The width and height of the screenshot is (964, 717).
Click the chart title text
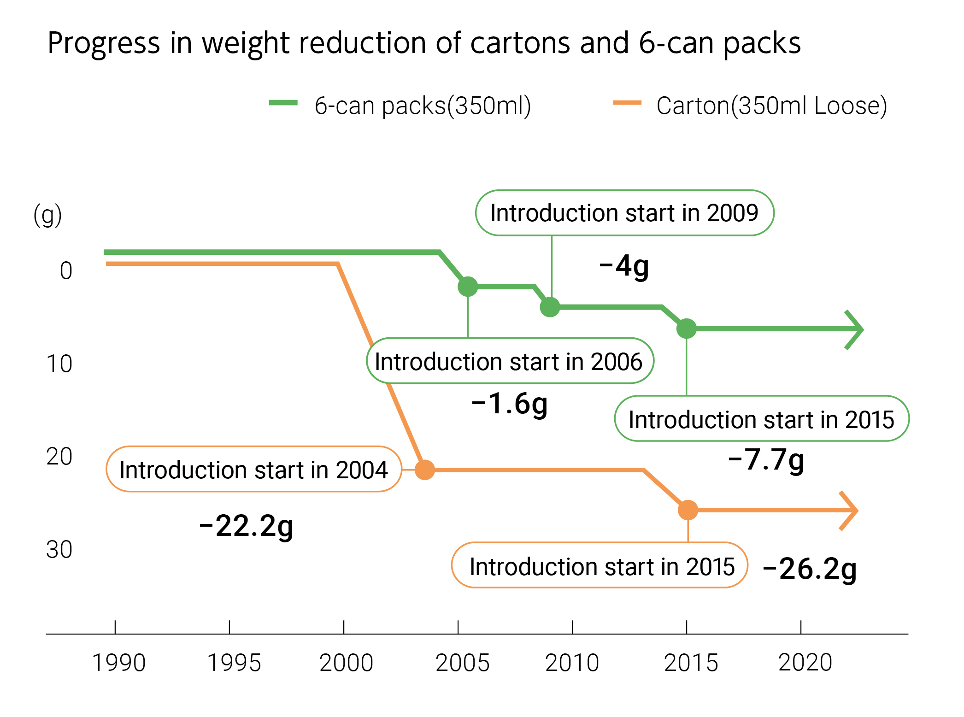pos(424,43)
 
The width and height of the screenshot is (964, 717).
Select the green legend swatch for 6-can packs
pos(283,103)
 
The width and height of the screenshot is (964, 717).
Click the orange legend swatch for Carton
pos(627,103)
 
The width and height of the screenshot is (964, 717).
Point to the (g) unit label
pos(47,215)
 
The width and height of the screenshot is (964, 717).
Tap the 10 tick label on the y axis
pos(59,364)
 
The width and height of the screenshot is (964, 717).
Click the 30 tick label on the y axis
pos(59,550)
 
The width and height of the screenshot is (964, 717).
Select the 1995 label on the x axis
pos(234,663)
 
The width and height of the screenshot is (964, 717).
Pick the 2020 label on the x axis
pos(805,663)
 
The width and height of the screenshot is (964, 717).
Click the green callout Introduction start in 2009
pos(624,213)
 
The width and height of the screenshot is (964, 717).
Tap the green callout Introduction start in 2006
pos(509,361)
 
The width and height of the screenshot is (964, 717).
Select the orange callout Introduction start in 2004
pos(253,470)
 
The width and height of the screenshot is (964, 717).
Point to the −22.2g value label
pos(247,526)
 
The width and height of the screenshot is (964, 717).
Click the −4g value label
pos(624,266)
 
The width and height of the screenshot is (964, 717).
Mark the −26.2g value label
pos(810,569)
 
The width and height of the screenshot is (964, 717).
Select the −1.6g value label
pos(510,404)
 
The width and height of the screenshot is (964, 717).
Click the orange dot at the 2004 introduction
pos(424,470)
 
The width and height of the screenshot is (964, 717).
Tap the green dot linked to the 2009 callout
pos(550,307)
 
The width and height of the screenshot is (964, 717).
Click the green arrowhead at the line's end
pos(855,329)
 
